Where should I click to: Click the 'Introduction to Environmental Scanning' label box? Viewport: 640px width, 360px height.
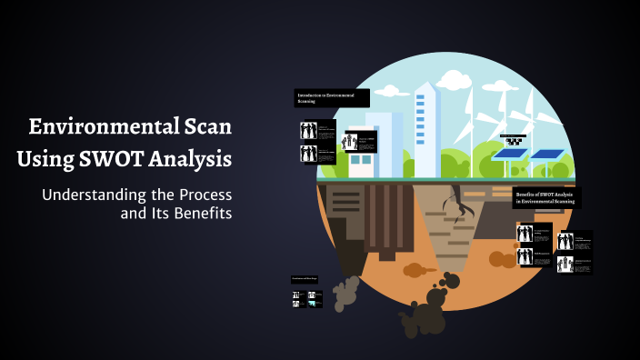[x=332, y=97]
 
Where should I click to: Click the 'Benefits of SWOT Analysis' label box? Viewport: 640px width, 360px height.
[x=548, y=197]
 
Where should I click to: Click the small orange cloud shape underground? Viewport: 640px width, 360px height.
[x=415, y=269]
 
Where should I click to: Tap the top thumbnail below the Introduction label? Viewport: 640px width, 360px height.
[x=318, y=131]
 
